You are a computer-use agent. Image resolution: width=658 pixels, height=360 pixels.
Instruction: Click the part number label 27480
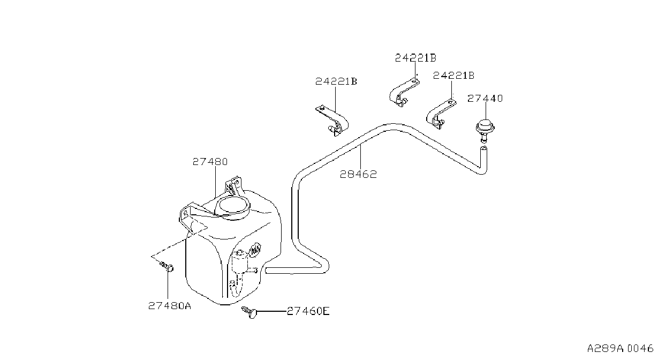tap(210, 162)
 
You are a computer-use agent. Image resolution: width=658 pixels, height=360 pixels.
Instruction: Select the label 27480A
tap(170, 306)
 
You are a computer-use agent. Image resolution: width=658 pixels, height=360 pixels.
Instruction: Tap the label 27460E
tap(308, 311)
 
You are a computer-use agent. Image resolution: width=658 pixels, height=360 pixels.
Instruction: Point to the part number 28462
tap(358, 175)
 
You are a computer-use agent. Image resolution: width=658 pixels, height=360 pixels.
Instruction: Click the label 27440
tap(485, 98)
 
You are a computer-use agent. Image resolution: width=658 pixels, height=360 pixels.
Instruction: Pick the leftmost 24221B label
tap(336, 81)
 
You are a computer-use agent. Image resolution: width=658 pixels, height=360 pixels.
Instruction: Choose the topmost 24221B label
tap(415, 58)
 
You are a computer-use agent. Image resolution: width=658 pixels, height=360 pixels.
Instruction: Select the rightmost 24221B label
tap(453, 76)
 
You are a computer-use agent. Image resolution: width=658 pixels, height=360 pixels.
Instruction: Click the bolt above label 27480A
tap(167, 267)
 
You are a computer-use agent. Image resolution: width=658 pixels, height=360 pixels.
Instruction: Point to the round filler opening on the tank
tap(232, 208)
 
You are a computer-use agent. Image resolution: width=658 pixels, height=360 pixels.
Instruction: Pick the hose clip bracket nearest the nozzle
tap(441, 114)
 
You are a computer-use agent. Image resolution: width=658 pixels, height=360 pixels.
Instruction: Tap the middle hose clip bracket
tap(404, 93)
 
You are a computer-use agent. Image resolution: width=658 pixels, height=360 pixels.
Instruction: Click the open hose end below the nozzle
tap(483, 148)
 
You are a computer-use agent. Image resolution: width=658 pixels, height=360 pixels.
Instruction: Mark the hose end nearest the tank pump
tap(267, 271)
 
